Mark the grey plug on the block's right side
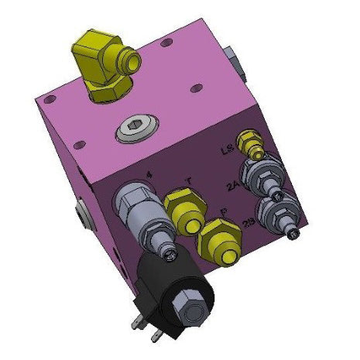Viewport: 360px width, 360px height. [x=235, y=61]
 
